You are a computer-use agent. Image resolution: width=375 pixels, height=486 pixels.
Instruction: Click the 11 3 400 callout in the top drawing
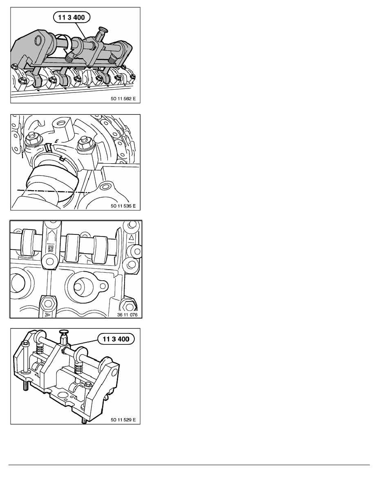71,17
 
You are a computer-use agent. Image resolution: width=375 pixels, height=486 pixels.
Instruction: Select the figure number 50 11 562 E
123,99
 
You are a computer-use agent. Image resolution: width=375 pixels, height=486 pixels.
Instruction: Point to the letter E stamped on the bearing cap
56,141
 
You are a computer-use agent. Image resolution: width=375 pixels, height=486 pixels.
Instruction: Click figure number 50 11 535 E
123,206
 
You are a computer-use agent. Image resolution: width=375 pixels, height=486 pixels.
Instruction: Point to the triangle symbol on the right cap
132,238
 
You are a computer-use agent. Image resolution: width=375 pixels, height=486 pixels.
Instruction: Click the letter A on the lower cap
47,315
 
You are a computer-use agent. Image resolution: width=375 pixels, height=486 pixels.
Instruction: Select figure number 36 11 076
127,315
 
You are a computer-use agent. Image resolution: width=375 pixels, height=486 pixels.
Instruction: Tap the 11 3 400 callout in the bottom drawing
116,339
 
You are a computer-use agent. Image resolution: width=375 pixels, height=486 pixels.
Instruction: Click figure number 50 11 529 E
123,420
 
